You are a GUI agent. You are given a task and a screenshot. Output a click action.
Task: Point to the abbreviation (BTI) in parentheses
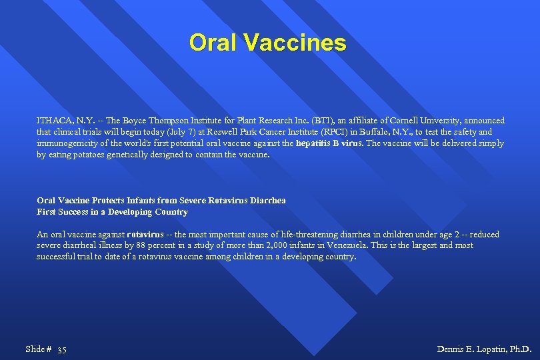coord(323,121)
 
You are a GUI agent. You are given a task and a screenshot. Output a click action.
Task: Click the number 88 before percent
coord(129,245)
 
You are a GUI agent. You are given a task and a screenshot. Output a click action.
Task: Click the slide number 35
coord(62,349)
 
